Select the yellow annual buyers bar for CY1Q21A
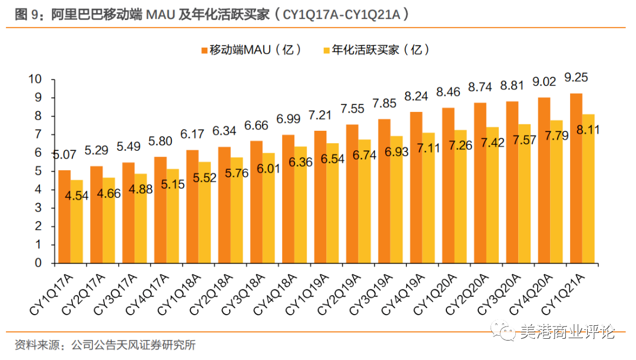tap(587, 189)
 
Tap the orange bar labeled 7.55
tap(352, 194)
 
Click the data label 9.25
tap(575, 78)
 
